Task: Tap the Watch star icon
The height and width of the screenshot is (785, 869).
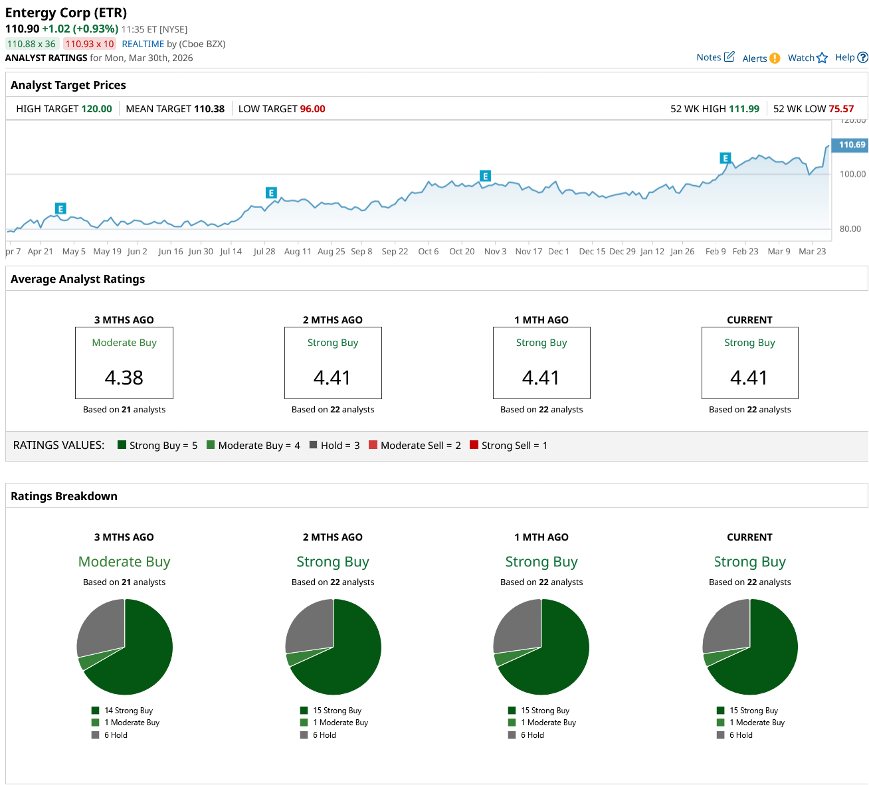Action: pos(822,58)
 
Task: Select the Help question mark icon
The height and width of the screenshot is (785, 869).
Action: pos(862,58)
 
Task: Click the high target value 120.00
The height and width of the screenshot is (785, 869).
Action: pos(96,109)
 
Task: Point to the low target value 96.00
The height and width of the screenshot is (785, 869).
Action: pos(312,109)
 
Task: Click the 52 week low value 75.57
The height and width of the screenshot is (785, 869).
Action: pos(841,109)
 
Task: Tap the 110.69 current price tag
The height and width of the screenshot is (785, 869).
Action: pos(851,145)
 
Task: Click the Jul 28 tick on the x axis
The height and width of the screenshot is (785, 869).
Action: pos(264,251)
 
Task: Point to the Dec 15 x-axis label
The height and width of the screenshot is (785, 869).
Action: pos(592,251)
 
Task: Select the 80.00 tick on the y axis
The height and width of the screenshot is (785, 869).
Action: pos(850,228)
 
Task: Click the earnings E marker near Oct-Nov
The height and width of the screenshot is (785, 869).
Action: pos(485,176)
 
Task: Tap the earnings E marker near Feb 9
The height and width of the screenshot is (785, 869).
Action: pos(725,158)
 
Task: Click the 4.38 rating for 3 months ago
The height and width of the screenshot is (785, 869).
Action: pos(124,377)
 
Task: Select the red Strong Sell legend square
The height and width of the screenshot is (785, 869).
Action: pos(474,445)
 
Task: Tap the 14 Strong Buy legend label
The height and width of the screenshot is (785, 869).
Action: pos(128,711)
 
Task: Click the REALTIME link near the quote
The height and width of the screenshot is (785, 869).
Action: pos(143,44)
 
